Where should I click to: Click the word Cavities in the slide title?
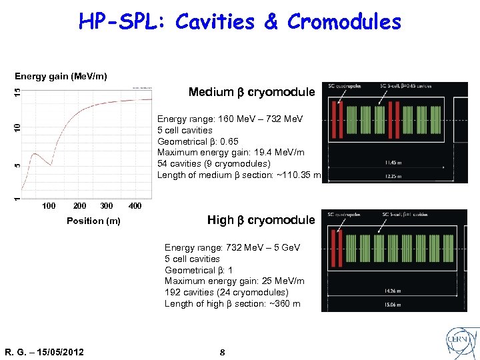(x=215, y=22)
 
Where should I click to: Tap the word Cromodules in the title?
(x=344, y=22)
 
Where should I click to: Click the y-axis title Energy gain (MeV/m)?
(x=61, y=76)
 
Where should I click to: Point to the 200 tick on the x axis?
(x=79, y=206)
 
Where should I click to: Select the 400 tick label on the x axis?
(x=134, y=206)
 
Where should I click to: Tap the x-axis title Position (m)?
(x=93, y=221)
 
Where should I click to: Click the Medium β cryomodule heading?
(x=251, y=92)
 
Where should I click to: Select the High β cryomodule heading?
(x=261, y=220)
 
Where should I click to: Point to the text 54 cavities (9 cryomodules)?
(x=213, y=164)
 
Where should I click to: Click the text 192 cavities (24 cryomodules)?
(x=227, y=293)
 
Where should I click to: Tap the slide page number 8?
(x=223, y=351)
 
